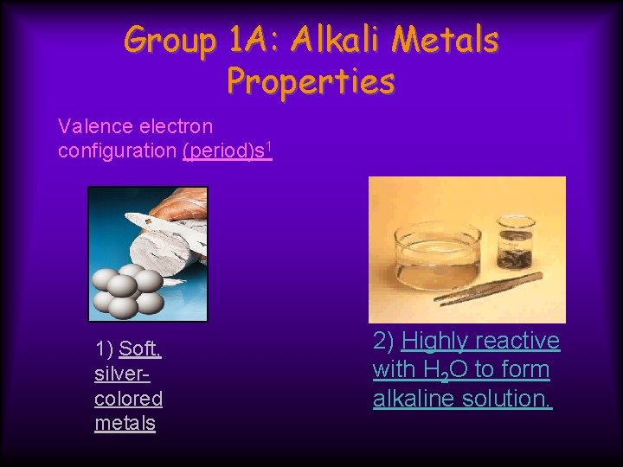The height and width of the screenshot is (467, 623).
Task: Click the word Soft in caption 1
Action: [x=139, y=349]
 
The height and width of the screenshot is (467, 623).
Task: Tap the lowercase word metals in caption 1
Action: [x=125, y=423]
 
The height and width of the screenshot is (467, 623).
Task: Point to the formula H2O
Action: [x=444, y=370]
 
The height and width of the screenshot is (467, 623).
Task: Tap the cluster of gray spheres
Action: [x=127, y=290]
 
